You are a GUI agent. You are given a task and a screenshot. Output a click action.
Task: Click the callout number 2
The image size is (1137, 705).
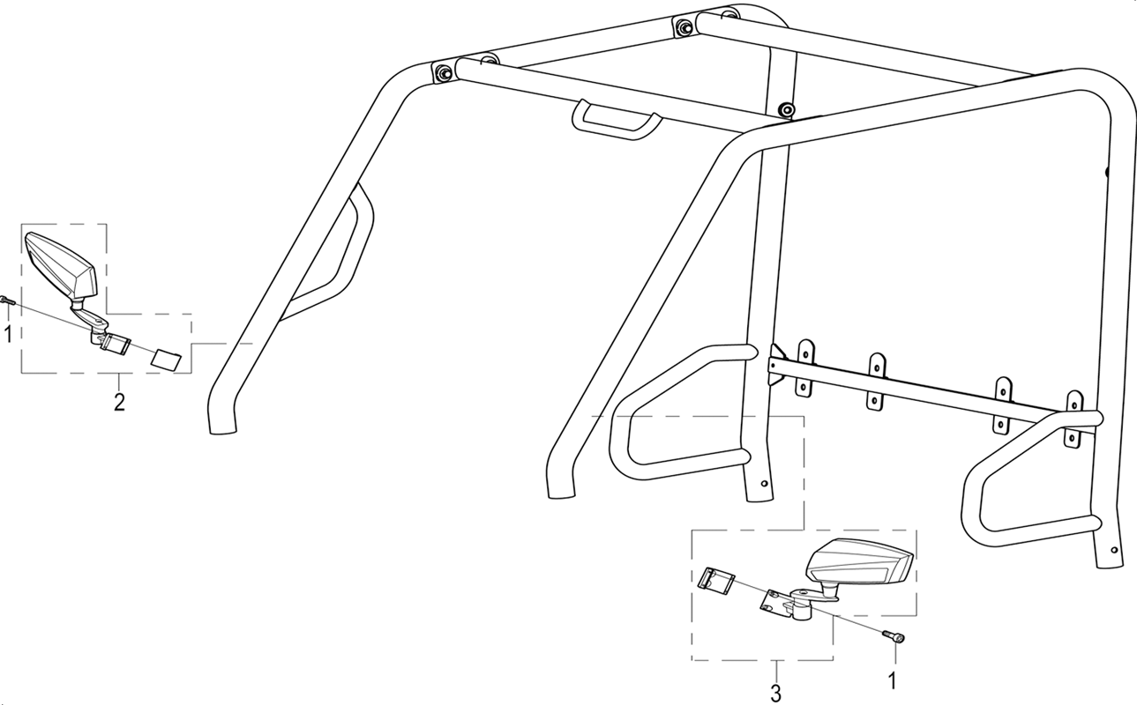(119, 402)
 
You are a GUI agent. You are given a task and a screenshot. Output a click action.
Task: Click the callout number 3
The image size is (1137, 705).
(775, 693)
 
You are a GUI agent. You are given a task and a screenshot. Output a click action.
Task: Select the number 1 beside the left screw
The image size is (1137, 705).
(8, 334)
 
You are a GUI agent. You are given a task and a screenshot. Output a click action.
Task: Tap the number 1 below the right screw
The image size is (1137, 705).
(892, 680)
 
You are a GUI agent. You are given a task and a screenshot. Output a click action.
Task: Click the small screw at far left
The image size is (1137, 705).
(8, 300)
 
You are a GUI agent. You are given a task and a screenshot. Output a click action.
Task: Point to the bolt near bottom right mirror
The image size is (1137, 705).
(894, 636)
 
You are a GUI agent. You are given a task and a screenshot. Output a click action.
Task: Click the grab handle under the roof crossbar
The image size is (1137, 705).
(617, 120)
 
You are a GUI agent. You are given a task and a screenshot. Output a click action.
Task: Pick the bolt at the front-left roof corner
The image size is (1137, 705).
(445, 73)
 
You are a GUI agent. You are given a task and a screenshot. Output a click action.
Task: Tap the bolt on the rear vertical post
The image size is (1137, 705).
(787, 109)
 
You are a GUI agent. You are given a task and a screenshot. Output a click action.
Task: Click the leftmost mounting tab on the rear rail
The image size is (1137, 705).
(805, 367)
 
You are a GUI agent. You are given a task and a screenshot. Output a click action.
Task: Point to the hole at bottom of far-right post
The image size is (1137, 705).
(1114, 550)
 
